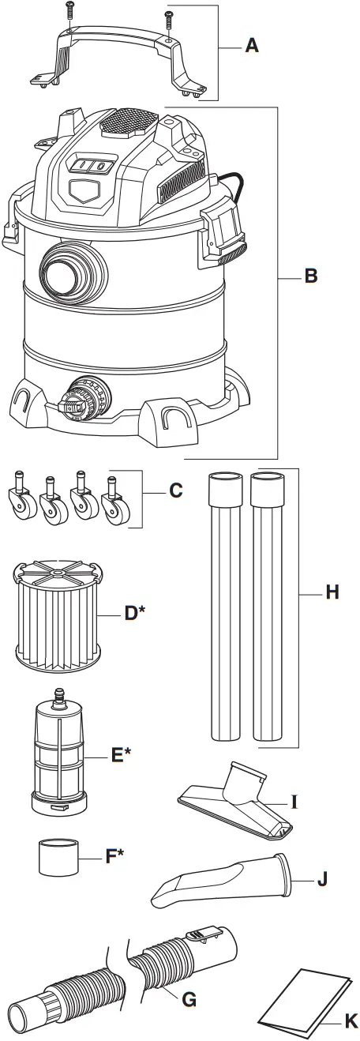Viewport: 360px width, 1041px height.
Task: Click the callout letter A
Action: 251,46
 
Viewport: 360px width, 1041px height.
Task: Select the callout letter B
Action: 310,276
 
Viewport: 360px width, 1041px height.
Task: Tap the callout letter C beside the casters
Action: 175,490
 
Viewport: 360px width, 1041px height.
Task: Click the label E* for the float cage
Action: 120,755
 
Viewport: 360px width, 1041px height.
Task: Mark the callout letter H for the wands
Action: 331,592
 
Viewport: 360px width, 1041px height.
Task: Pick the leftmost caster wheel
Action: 21,505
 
